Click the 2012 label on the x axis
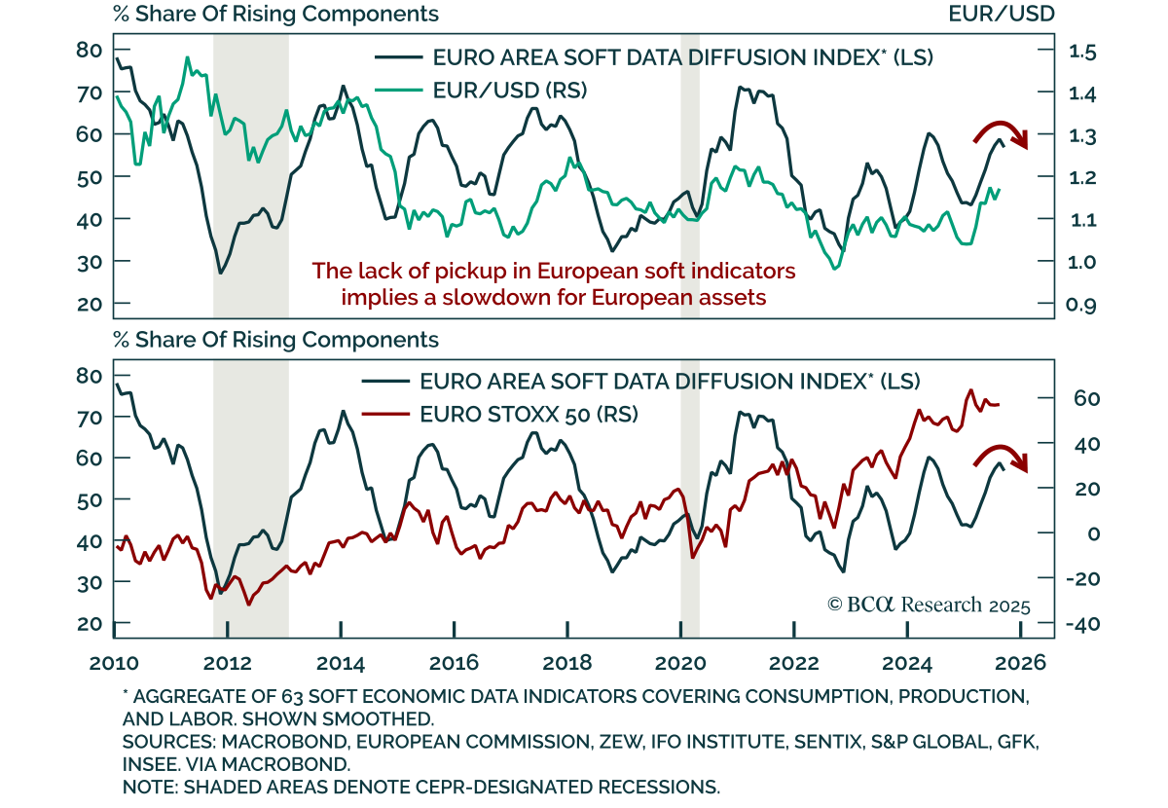(227, 663)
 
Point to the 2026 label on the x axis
(1019, 663)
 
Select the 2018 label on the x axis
(566, 663)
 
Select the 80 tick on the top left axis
(89, 50)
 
